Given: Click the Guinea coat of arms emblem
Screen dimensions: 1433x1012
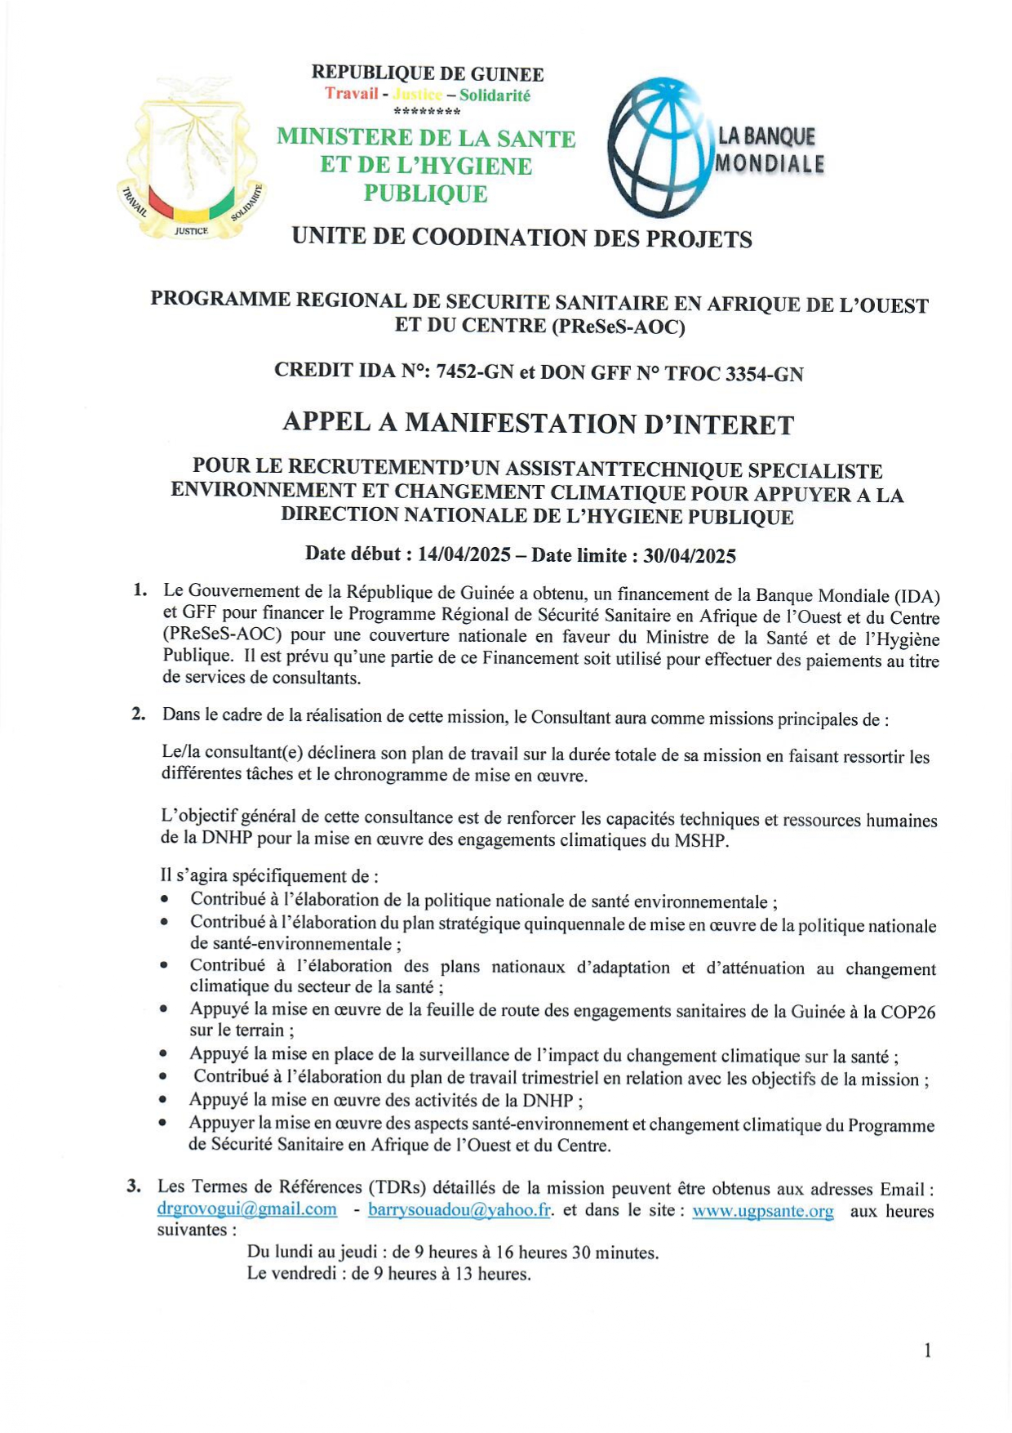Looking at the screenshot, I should (191, 160).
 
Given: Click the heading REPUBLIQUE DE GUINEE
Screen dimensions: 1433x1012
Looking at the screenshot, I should (427, 73).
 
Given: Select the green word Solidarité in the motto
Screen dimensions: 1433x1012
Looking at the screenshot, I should (495, 96).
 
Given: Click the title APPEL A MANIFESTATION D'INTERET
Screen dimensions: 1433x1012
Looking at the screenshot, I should (538, 424).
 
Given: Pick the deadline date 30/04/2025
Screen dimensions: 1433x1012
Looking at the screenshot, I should (690, 556).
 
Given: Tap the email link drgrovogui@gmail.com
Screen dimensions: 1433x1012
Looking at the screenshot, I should (246, 1208).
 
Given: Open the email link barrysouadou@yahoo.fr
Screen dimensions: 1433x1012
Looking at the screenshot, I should (459, 1209).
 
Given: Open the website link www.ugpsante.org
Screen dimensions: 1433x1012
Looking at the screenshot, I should (763, 1211).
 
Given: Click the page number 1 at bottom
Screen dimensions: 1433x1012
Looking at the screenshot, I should (927, 1351).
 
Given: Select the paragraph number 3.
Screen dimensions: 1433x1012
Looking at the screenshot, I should (135, 1186).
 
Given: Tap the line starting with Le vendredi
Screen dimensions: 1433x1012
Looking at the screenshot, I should (388, 1273).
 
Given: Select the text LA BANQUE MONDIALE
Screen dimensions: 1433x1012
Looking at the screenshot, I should (769, 150).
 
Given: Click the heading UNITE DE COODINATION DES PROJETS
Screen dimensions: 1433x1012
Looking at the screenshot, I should (522, 238).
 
